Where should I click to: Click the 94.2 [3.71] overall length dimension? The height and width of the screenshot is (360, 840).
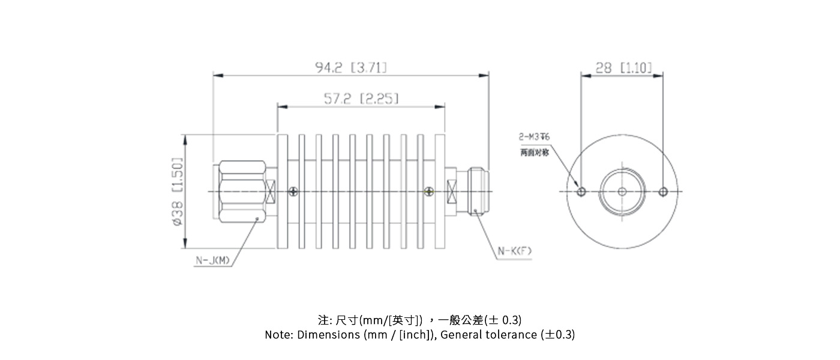[x=351, y=67]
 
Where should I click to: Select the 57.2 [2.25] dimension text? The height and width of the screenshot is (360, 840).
[x=361, y=98]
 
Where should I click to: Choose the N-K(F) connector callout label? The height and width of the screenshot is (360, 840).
[x=514, y=251]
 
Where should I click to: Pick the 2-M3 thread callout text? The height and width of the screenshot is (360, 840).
[x=534, y=137]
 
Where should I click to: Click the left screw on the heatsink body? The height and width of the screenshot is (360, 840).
[x=293, y=191]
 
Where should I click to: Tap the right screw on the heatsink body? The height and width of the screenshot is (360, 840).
[x=428, y=191]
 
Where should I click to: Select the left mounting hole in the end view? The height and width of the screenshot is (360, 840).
[x=581, y=192]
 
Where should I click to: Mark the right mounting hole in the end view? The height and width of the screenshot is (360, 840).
[x=663, y=192]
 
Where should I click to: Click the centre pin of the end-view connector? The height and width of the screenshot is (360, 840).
[x=622, y=192]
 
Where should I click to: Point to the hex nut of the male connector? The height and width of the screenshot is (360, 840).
[x=242, y=191]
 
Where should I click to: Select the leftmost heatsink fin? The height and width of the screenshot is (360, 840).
[x=283, y=191]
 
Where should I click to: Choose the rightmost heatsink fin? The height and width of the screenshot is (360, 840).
[x=440, y=191]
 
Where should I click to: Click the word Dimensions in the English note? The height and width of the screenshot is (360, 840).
[x=329, y=335]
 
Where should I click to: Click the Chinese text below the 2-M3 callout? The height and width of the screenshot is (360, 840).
[x=534, y=153]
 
